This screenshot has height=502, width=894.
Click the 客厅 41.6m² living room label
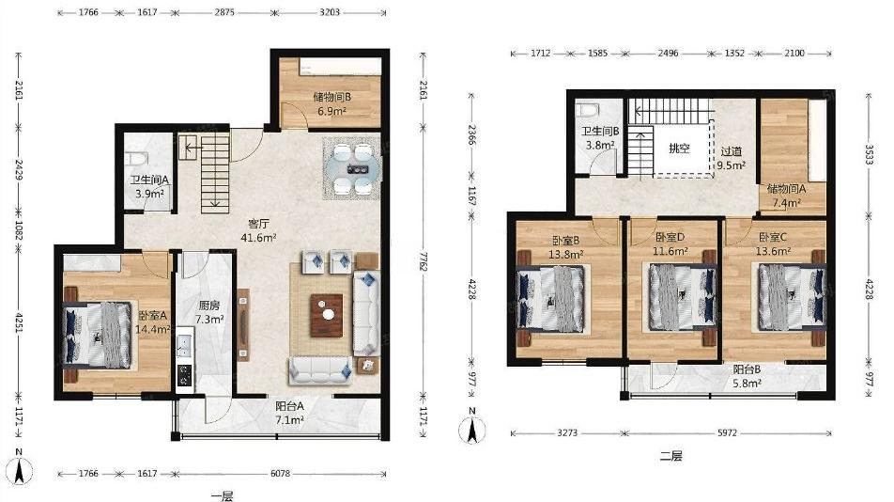tap(258, 230)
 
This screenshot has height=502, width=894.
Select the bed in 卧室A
tap(97, 335)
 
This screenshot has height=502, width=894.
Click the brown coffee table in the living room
tap(326, 316)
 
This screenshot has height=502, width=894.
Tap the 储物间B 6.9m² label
tap(332, 103)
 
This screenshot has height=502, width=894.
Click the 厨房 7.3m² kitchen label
tap(208, 313)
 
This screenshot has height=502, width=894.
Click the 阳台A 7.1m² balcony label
tap(289, 414)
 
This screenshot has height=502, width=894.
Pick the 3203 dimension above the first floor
tap(330, 12)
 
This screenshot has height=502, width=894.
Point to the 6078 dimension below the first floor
tap(280, 474)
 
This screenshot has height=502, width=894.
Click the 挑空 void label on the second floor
tap(679, 149)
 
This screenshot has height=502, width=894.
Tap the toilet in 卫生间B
tap(587, 110)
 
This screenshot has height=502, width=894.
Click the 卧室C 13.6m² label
tap(773, 243)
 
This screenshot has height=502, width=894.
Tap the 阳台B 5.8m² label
tap(747, 376)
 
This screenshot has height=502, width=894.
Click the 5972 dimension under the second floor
tap(727, 433)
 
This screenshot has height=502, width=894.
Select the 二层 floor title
tap(671, 456)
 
